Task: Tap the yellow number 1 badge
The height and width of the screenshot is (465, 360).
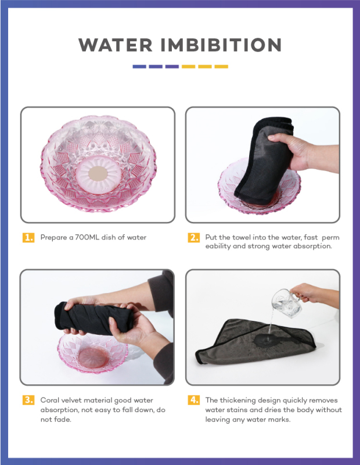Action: (x=28, y=238)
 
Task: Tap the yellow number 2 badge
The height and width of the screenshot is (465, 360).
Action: (x=193, y=238)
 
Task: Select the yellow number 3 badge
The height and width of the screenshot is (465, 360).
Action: (x=28, y=400)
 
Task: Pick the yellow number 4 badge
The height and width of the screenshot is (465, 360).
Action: (x=193, y=400)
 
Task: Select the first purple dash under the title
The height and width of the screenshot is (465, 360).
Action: (x=139, y=67)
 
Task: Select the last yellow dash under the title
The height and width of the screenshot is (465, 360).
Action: (x=221, y=67)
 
